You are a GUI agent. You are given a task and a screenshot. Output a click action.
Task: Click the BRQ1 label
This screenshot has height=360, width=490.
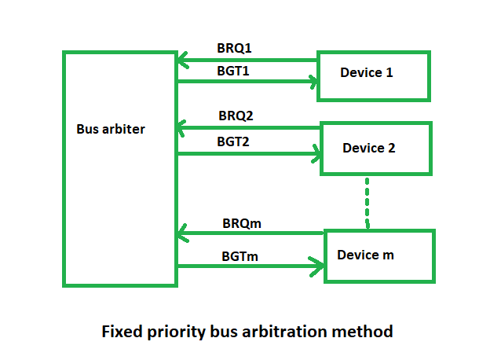pyautogui.click(x=234, y=48)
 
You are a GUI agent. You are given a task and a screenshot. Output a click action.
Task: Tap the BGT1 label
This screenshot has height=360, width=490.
pyautogui.click(x=233, y=71)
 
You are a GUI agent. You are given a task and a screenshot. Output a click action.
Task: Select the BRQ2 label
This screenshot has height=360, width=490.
pyautogui.click(x=236, y=116)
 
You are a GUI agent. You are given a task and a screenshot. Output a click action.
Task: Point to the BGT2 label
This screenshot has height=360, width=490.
pyautogui.click(x=233, y=141)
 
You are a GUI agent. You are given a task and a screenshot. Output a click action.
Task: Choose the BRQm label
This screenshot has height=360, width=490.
pyautogui.click(x=242, y=224)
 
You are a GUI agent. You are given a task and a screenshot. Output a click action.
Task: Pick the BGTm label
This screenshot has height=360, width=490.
pyautogui.click(x=240, y=256)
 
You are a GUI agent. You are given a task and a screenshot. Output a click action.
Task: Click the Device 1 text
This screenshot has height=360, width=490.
pyautogui.click(x=366, y=72)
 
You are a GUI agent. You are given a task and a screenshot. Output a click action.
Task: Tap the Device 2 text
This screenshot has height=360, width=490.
pyautogui.click(x=369, y=148)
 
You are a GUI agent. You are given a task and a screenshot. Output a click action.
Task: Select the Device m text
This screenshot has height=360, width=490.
pyautogui.click(x=365, y=255)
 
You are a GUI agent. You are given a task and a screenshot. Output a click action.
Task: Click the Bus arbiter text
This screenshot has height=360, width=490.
pyautogui.click(x=111, y=129)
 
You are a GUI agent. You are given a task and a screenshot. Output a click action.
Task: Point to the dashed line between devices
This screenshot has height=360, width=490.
pyautogui.click(x=367, y=203)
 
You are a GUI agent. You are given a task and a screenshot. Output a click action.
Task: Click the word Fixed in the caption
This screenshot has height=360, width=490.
pyautogui.click(x=122, y=332)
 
